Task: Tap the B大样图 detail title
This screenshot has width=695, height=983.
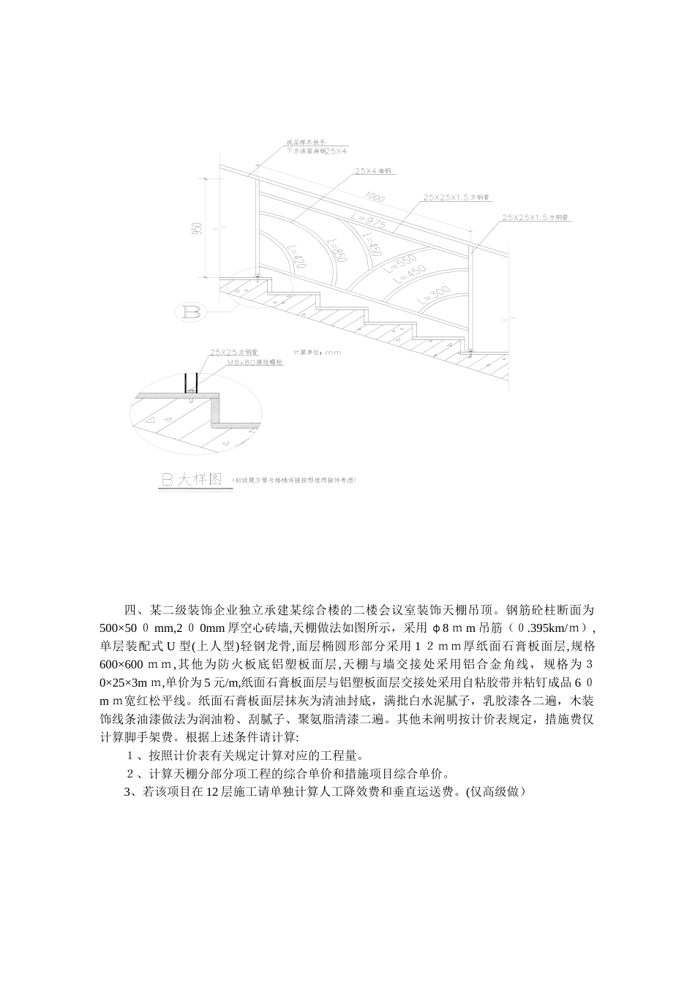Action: pyautogui.click(x=190, y=480)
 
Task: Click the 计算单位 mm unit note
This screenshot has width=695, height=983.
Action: pyautogui.click(x=316, y=352)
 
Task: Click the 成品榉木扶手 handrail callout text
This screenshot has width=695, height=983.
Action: pyautogui.click(x=301, y=143)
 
